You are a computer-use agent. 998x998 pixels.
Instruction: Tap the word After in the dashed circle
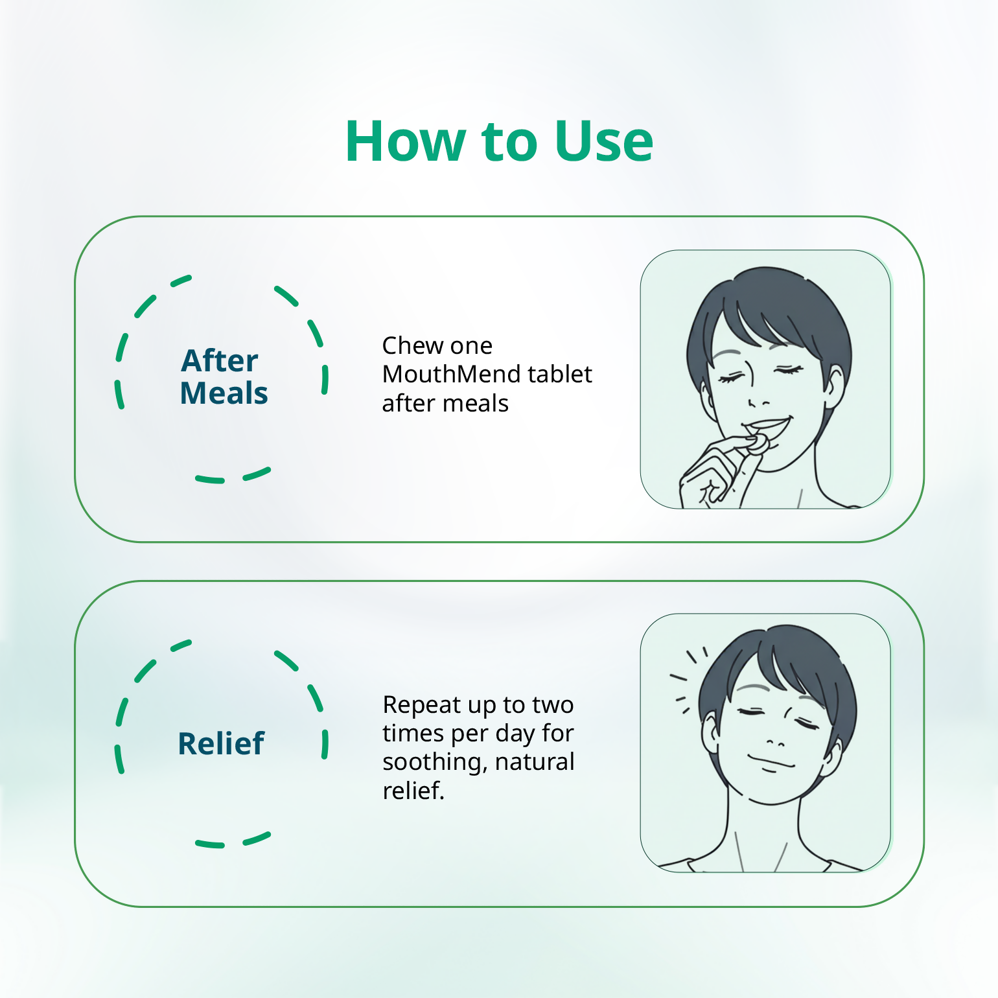[x=220, y=360]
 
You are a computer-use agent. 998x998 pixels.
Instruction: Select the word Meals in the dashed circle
[x=224, y=393]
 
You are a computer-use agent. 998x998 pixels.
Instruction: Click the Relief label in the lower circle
[x=221, y=743]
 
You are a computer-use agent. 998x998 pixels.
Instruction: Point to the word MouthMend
[x=451, y=374]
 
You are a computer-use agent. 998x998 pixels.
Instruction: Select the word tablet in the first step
[x=560, y=374]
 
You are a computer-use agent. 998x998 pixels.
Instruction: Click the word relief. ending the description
[x=413, y=791]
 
